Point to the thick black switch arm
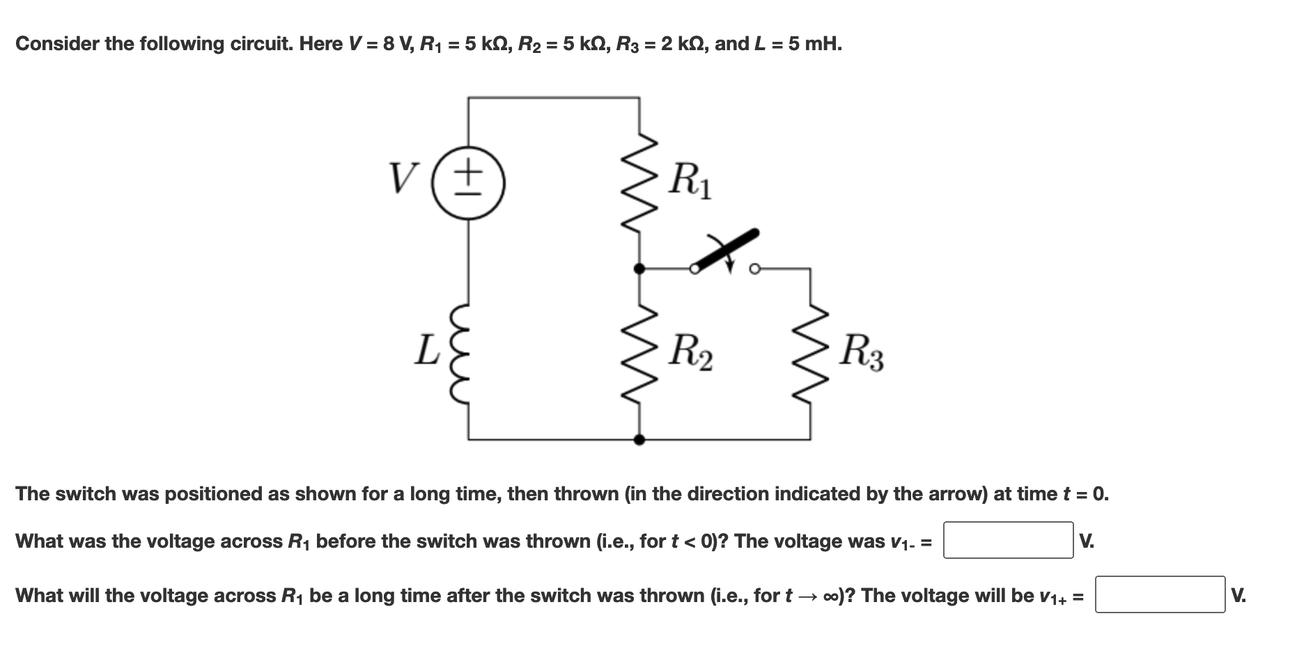[724, 249]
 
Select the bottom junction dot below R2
[639, 440]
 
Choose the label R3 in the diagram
[861, 353]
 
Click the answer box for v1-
[1007, 540]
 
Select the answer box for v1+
[1159, 594]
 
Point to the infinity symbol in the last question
[830, 596]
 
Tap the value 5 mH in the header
[815, 44]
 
